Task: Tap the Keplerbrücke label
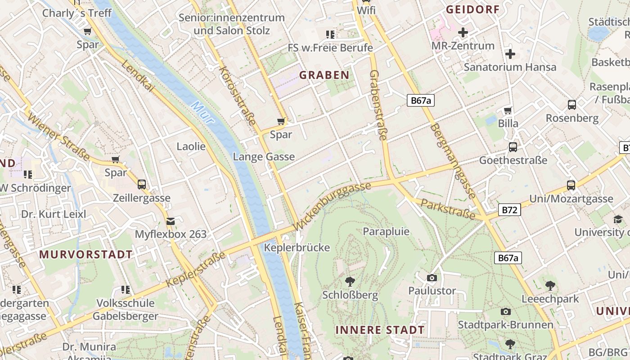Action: (x=297, y=247)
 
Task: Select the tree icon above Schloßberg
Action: (x=350, y=282)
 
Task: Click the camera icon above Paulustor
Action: (x=432, y=278)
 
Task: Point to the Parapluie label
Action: (x=386, y=231)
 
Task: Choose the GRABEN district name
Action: (x=324, y=75)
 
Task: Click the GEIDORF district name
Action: (x=472, y=9)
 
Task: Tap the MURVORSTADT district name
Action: (x=86, y=254)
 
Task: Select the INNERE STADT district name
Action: (x=380, y=330)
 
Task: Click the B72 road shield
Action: (x=509, y=210)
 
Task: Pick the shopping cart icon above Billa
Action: (x=508, y=110)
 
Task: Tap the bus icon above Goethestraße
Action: (x=513, y=147)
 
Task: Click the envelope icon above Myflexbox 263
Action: (x=171, y=221)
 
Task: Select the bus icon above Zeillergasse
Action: (x=141, y=184)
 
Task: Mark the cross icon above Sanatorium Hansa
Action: (x=510, y=54)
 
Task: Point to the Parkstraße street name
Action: (x=448, y=210)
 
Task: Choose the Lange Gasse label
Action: (x=264, y=157)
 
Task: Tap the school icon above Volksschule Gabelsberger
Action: (x=126, y=289)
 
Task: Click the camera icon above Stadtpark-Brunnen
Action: (x=505, y=311)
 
